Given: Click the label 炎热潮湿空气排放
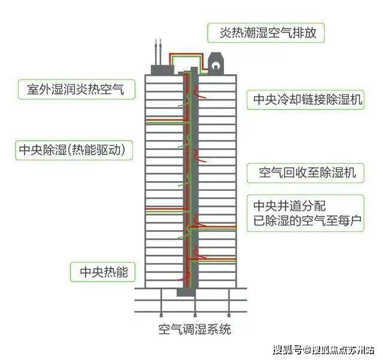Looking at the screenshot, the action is point(268,32).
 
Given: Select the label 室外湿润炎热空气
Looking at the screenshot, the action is point(76,89).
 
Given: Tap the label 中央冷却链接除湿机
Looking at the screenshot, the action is point(308,100).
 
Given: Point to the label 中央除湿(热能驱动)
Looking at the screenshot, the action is point(72,150).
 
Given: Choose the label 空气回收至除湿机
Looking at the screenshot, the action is point(307,173).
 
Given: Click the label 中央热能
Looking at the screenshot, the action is point(104,271).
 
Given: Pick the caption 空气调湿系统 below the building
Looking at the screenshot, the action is point(194,330).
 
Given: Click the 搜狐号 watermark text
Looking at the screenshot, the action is point(287,350).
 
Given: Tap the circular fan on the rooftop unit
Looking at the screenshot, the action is point(215,65).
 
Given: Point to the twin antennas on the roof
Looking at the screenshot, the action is point(158,52).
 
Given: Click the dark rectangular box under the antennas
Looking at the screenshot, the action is point(162,70).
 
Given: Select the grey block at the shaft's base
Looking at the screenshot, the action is point(186,292).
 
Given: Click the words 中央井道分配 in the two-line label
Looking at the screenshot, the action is point(290,206).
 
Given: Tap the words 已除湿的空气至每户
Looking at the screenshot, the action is point(307,221).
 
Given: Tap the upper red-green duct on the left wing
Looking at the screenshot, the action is point(164,121).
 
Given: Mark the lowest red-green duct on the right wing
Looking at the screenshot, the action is point(213,260).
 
